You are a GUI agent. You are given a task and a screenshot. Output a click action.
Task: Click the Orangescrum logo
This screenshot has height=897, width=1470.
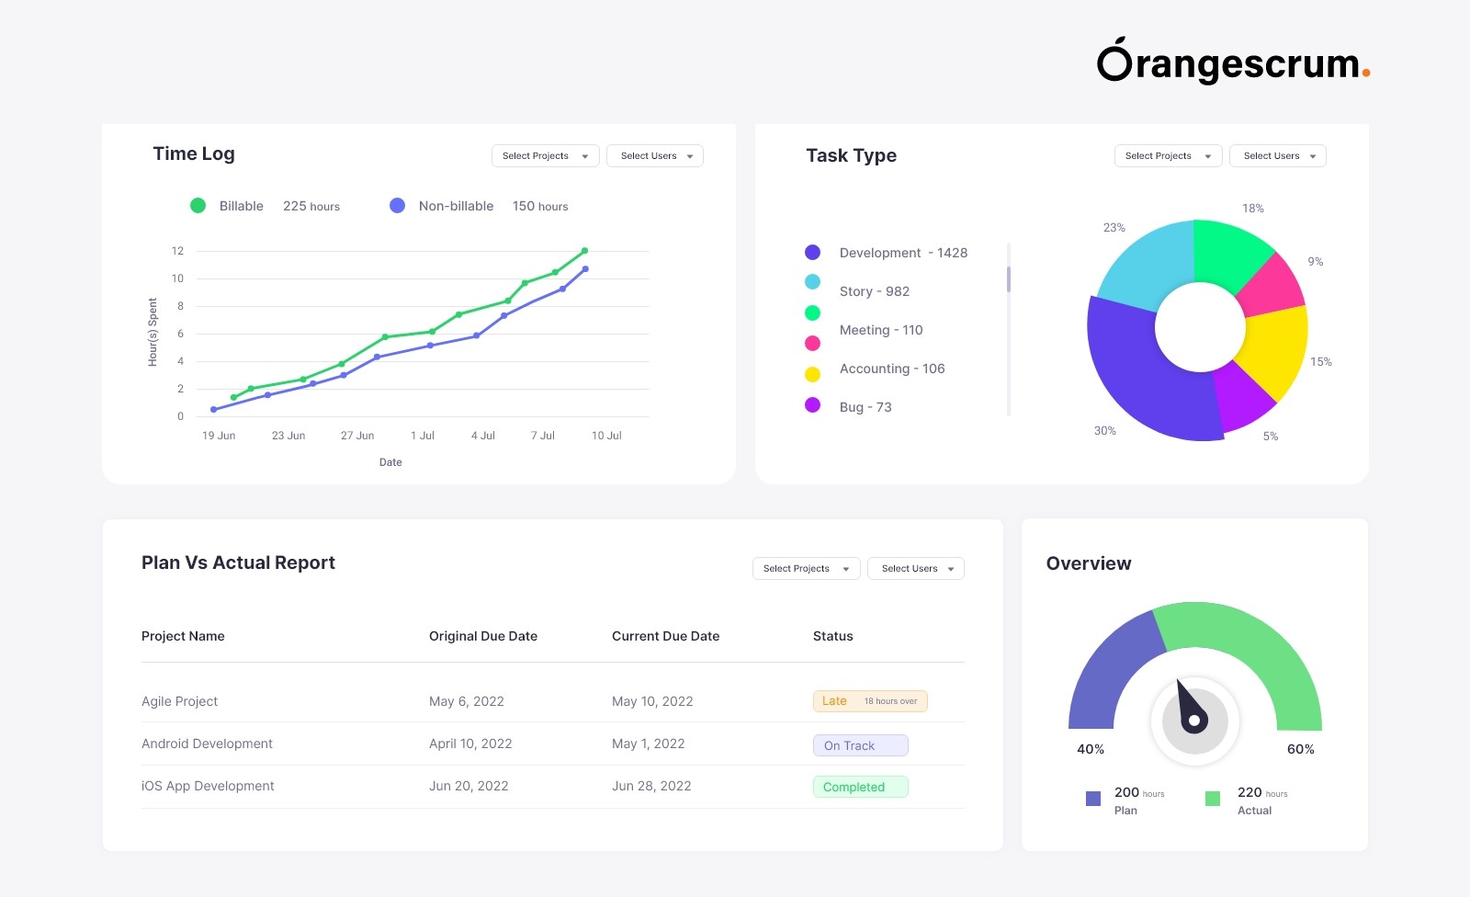coord(1232,62)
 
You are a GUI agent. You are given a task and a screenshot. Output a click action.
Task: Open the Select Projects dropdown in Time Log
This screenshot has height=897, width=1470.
coord(545,156)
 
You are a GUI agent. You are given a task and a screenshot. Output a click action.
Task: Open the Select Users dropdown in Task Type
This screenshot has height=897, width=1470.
coord(1277,156)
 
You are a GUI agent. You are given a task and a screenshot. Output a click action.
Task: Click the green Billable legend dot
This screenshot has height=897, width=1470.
coord(198,206)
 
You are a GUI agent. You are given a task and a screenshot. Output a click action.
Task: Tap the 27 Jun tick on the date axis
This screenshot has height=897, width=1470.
coord(357,436)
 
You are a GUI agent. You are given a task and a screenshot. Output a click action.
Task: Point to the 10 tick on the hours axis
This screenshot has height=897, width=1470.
coord(177,278)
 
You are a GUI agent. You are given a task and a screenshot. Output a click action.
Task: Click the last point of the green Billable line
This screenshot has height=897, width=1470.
coord(584,251)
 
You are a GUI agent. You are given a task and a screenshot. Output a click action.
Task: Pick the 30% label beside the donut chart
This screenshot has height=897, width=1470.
coord(1104,431)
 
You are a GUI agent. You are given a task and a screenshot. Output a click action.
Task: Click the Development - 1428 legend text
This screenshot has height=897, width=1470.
coord(903,253)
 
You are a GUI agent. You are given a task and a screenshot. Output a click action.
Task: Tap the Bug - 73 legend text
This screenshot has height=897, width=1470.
coord(865,407)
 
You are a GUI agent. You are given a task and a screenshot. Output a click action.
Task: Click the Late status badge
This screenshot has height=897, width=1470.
coord(869,701)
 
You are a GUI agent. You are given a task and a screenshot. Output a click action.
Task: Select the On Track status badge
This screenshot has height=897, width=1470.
coord(860,745)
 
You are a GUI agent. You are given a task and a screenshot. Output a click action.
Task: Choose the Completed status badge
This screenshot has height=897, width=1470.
coord(860,787)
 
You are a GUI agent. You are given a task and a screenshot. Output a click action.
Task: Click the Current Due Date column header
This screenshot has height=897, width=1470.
coord(665,636)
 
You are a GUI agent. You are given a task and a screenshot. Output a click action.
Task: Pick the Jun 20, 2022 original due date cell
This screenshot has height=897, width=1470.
coord(469,786)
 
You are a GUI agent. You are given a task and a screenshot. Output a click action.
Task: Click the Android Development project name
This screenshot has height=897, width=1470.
coord(207,744)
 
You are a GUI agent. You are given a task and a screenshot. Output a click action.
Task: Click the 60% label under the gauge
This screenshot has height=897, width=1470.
coord(1300,749)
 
